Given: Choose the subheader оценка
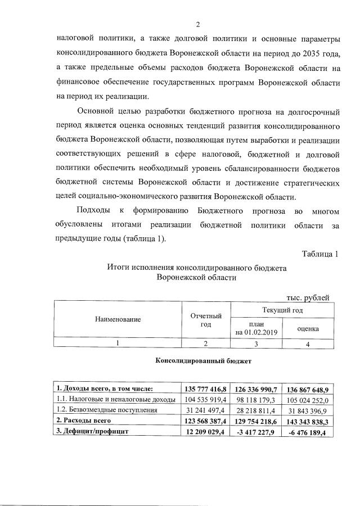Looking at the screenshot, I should click(x=308, y=328).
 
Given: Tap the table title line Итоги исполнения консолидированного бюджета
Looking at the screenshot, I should click(x=196, y=268).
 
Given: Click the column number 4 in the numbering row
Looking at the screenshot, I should click(x=308, y=344).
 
